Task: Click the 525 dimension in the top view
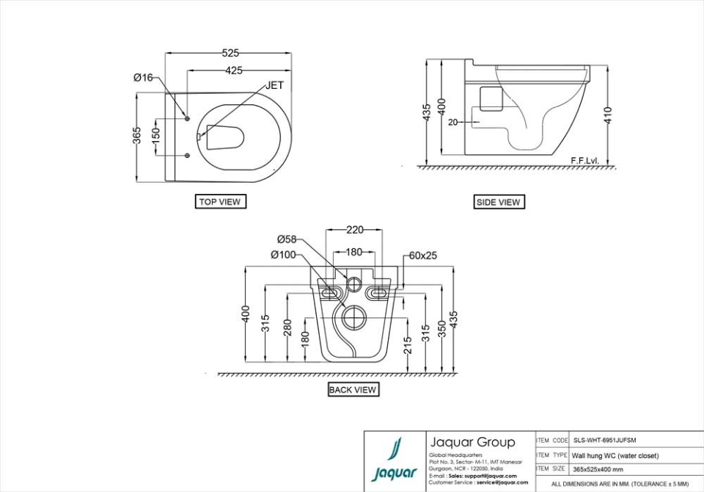click(230, 53)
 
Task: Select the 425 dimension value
click(234, 70)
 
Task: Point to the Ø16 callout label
click(143, 77)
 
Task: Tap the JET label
click(274, 85)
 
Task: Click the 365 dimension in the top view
click(137, 136)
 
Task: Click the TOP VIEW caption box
click(220, 201)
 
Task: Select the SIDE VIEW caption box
click(499, 202)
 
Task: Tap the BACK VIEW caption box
click(353, 390)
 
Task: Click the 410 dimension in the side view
click(608, 115)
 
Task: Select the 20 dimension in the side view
click(452, 122)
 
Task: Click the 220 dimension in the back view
click(354, 230)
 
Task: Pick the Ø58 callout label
click(287, 239)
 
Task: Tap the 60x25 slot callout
click(423, 256)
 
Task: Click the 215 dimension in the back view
click(408, 344)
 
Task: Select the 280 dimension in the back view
click(287, 328)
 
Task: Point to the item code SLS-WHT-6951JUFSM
click(605, 441)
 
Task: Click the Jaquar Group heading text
click(472, 442)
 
